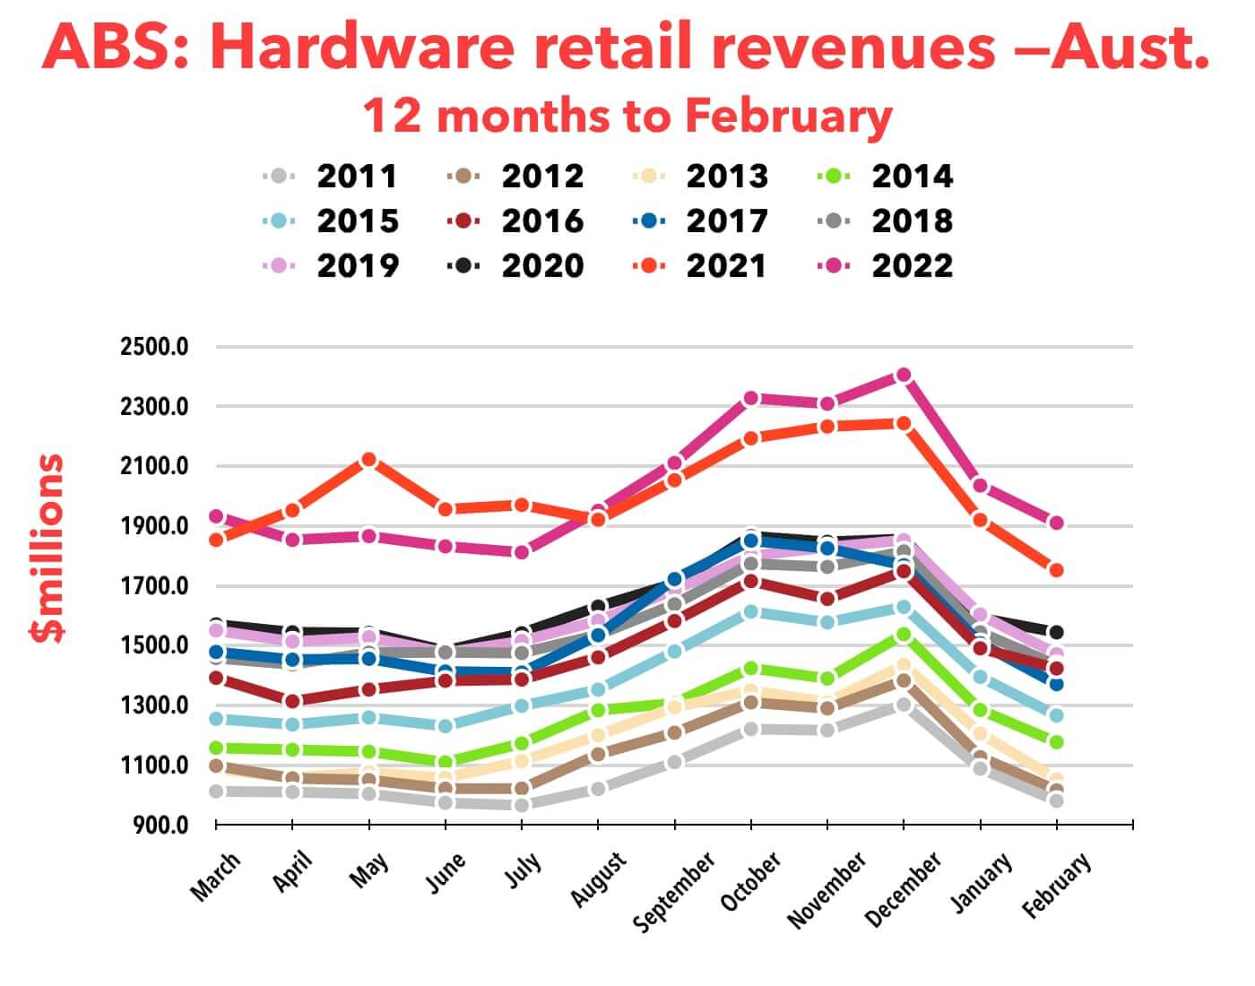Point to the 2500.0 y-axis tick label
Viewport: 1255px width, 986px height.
[154, 347]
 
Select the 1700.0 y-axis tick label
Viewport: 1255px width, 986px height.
[154, 586]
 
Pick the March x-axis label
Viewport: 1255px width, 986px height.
[216, 876]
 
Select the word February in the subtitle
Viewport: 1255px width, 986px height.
[789, 117]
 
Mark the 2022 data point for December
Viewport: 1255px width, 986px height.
[904, 375]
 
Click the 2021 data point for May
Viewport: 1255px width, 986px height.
[368, 460]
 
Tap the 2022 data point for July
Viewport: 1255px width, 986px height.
[522, 552]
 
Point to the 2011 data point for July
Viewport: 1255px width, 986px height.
[522, 805]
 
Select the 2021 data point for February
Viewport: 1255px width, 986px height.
[1056, 570]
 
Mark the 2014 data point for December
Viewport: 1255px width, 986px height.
[904, 635]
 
